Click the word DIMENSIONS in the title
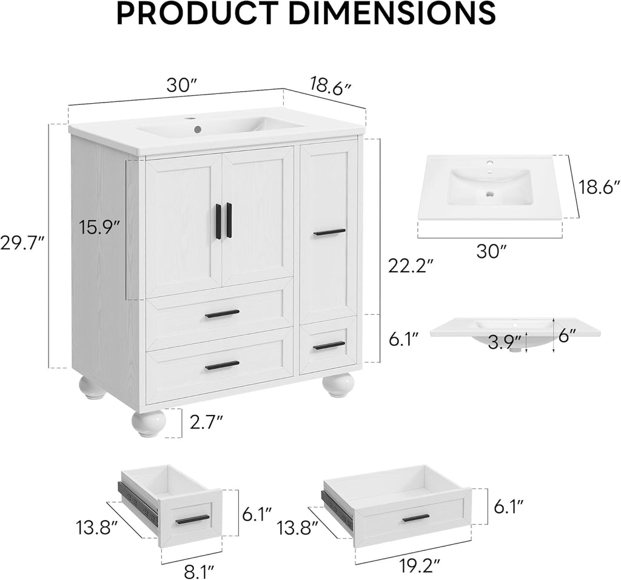coord(395,13)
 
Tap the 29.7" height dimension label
coord(22,243)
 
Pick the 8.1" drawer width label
coord(199,572)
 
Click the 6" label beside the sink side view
coord(567,336)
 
